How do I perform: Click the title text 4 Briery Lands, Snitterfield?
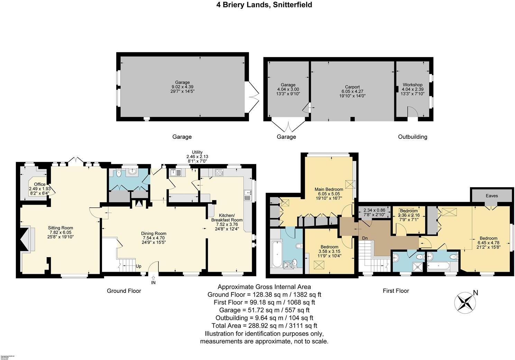257,5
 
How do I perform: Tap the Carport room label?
352,87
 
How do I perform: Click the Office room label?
39,184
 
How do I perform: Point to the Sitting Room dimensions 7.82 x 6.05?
61,232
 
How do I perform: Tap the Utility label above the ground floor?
197,152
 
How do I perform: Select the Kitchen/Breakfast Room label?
227,217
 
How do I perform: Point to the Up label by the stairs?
138,267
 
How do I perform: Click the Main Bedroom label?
329,189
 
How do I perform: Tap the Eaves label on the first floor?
491,196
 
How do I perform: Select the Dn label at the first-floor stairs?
365,238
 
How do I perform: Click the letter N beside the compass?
476,293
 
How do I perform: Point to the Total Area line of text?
264,326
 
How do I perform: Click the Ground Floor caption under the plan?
124,291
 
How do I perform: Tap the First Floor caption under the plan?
396,291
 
